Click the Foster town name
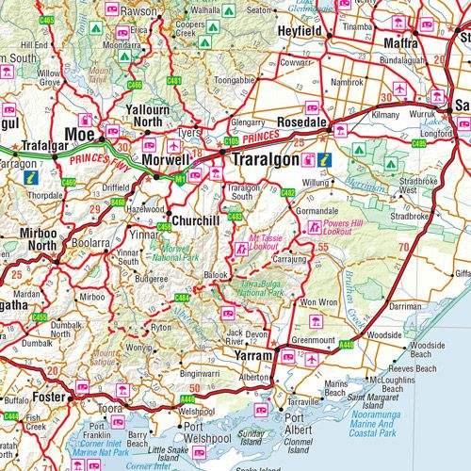[47, 397]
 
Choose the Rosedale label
[303, 123]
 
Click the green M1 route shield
[179, 178]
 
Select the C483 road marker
[235, 217]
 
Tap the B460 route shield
[117, 202]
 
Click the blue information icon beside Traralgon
[324, 159]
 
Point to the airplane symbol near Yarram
[312, 359]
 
